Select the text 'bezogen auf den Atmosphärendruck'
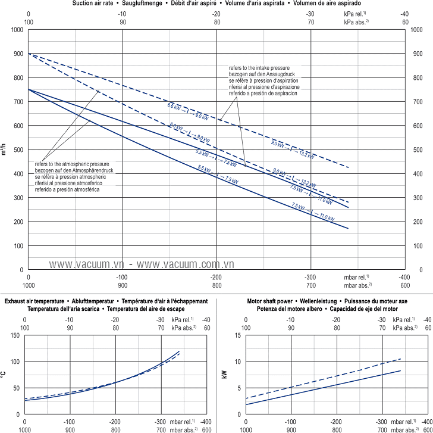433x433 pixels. tap(71, 170)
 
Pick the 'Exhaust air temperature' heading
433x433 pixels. tap(36, 302)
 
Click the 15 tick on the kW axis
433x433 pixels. tap(238, 335)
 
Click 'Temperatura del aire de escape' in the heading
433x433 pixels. tap(146, 309)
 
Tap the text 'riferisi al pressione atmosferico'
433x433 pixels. tap(68, 183)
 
